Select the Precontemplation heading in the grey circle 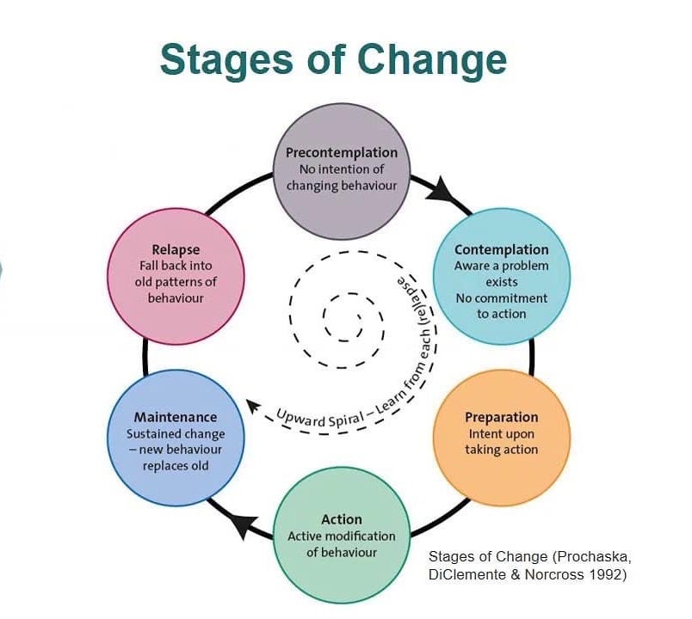(x=342, y=153)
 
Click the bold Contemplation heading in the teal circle (x=501, y=250)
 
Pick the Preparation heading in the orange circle (x=501, y=417)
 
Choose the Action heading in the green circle (x=342, y=519)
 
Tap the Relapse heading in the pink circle (x=176, y=250)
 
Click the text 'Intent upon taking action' (x=501, y=441)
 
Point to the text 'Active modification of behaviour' (x=342, y=543)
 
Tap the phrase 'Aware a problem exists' (x=501, y=273)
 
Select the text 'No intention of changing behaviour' (x=342, y=177)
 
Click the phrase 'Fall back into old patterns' (x=176, y=273)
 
